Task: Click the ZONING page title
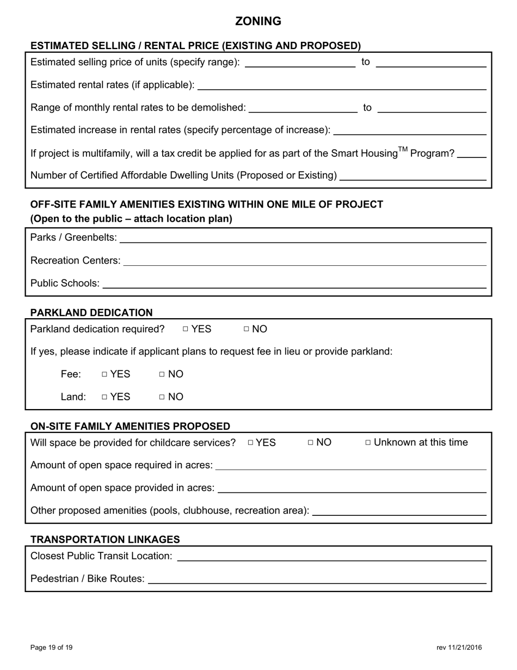258,21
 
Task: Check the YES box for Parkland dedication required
186,329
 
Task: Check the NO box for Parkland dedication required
247,329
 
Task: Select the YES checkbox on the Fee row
104,374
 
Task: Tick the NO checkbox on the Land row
162,397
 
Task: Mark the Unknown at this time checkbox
368,443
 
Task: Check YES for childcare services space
251,443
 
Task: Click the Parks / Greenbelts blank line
303,238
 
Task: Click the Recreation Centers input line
305,261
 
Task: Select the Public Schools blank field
294,284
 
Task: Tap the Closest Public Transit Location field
331,556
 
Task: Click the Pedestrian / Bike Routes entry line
317,579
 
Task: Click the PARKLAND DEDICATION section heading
91,313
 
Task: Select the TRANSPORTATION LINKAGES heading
105,539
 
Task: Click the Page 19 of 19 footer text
52,648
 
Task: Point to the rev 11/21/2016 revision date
459,648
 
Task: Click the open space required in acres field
351,465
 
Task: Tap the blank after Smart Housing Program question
472,154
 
